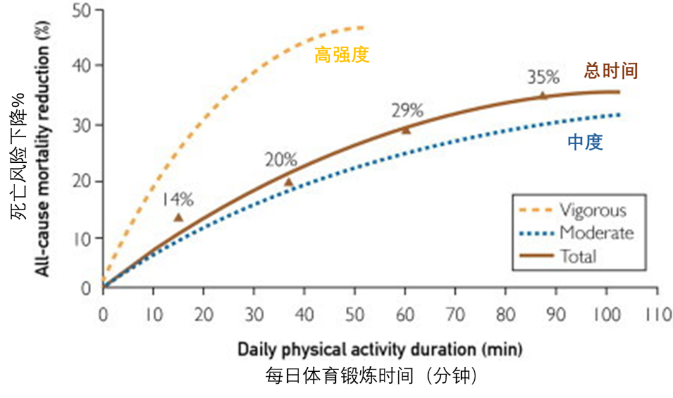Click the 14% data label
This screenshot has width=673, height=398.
tap(178, 200)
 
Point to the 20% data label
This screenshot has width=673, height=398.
tap(280, 160)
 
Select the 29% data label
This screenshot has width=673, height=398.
tap(407, 110)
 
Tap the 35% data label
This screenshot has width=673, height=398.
tap(543, 77)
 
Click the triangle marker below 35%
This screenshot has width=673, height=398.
tap(543, 95)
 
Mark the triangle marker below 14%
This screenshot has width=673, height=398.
tap(178, 217)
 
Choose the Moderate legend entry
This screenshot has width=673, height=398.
tap(596, 233)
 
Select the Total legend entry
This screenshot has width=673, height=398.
tap(578, 256)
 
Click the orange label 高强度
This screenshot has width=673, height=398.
tap(341, 56)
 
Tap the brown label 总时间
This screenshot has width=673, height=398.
tap(611, 70)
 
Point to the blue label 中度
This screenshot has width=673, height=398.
tap(585, 143)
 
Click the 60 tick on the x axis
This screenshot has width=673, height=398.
tap(405, 314)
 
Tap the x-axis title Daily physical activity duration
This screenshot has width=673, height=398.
tap(379, 349)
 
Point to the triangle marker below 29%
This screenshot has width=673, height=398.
tap(406, 130)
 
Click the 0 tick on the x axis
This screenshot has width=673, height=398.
tap(104, 314)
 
